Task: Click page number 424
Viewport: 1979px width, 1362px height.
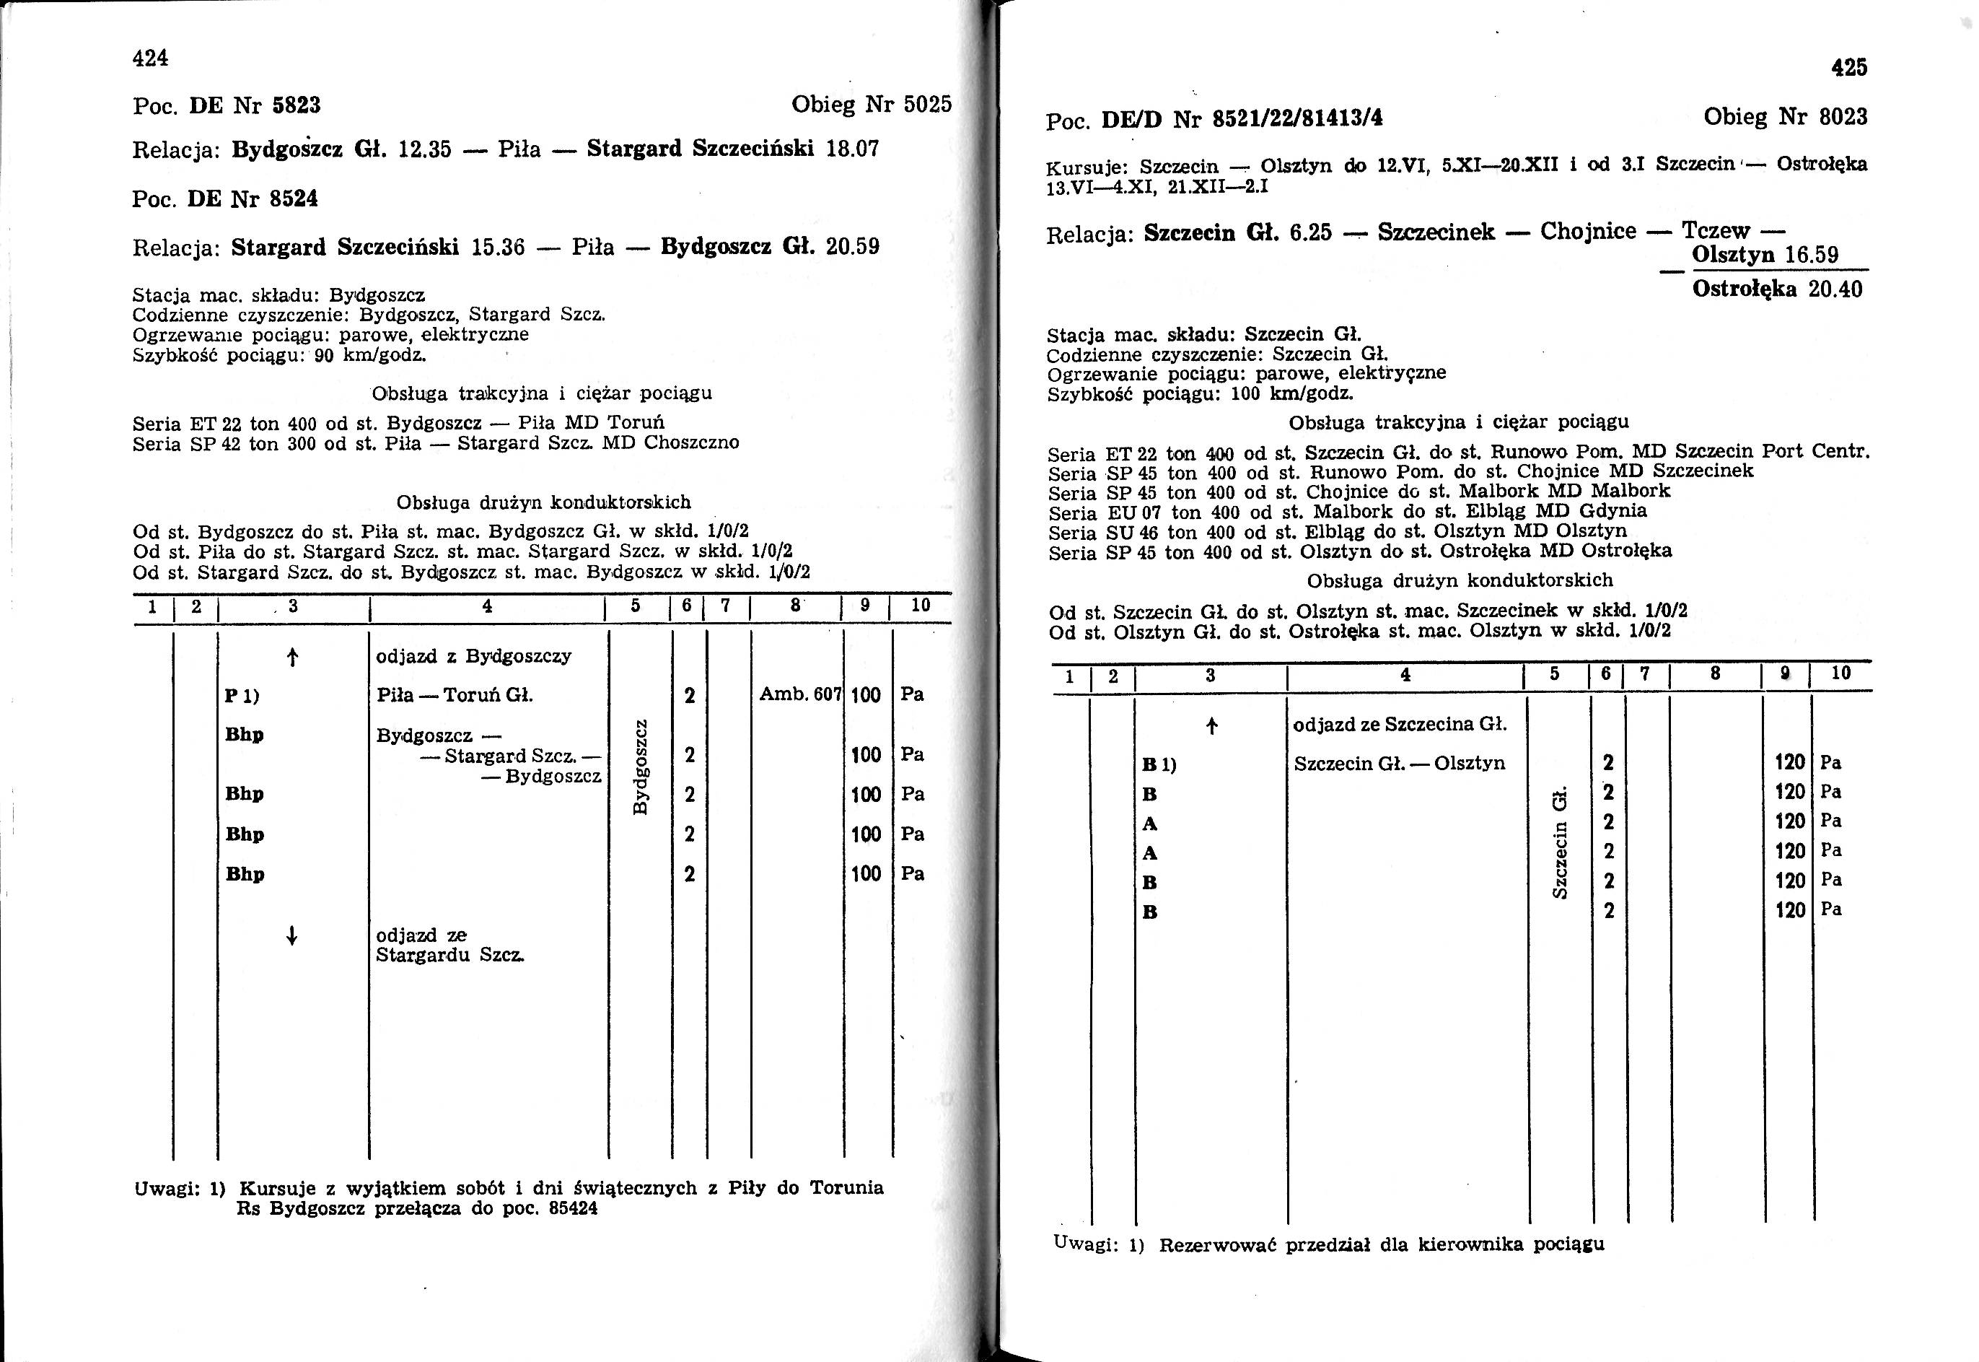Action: tap(150, 58)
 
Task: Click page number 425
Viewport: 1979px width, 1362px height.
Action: tap(1848, 67)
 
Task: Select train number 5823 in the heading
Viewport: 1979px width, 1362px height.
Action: tap(296, 106)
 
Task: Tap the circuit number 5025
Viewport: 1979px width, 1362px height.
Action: tap(927, 105)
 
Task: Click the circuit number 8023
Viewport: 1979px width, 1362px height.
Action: tap(1843, 117)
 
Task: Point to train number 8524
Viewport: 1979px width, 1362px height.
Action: tap(294, 198)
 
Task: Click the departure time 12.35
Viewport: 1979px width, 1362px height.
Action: tap(424, 149)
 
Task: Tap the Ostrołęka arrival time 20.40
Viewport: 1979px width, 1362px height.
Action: tap(1835, 289)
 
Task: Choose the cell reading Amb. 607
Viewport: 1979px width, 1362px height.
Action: tap(799, 694)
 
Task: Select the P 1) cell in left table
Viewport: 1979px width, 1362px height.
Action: tap(242, 696)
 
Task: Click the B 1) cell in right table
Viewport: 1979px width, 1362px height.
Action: tap(1159, 764)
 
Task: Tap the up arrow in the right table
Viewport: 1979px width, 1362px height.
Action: tap(1211, 726)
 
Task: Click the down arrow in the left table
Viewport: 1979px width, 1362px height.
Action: tap(291, 936)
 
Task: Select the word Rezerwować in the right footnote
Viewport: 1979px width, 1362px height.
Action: tap(1216, 1245)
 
